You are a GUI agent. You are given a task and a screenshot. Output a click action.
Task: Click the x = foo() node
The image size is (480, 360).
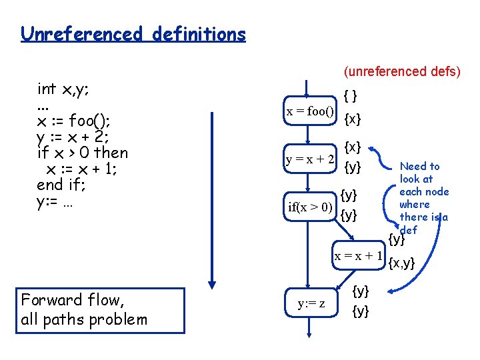[x=310, y=111]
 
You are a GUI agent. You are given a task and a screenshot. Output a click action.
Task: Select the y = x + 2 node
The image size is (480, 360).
[x=310, y=159]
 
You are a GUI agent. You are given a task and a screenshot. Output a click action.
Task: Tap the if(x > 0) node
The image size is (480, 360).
[x=310, y=207]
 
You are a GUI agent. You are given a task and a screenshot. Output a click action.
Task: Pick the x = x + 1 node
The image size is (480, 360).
[x=358, y=256]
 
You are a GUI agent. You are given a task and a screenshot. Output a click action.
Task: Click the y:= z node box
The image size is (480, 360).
[x=311, y=303]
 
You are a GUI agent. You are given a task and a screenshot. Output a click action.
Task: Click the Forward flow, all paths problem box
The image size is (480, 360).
[x=100, y=310]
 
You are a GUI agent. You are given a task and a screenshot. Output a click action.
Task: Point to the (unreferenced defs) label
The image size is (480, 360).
[x=401, y=71]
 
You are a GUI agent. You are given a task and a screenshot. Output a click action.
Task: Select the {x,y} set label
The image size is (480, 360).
[x=401, y=263]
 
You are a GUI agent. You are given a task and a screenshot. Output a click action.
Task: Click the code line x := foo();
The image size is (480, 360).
[x=73, y=121]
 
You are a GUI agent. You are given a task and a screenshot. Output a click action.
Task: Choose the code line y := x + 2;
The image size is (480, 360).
[x=76, y=137]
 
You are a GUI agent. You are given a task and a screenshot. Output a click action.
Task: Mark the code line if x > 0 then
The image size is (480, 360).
[x=82, y=153]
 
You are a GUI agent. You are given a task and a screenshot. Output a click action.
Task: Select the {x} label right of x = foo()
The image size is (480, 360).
[x=353, y=119]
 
